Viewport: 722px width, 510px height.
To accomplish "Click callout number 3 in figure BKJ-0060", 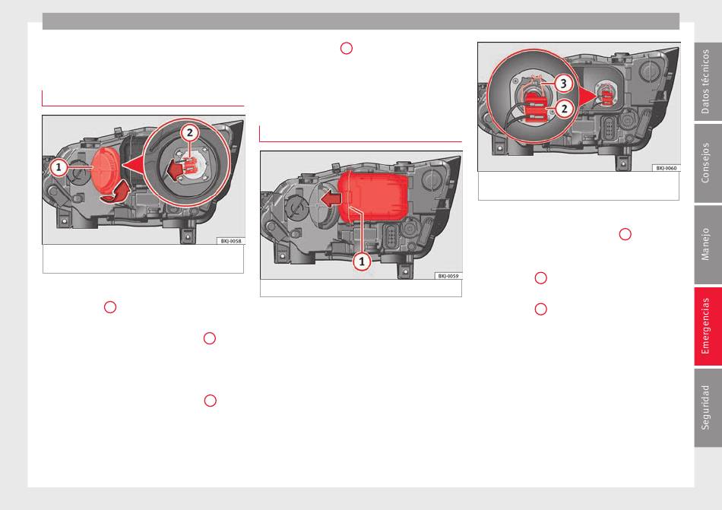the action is tap(563, 84).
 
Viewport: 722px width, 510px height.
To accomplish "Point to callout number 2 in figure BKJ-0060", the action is tap(564, 109).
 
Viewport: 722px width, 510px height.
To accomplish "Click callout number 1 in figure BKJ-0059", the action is tap(362, 262).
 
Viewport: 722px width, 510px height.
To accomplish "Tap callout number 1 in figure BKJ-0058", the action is tap(59, 167).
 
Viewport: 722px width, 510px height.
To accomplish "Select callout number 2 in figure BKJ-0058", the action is tap(189, 134).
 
